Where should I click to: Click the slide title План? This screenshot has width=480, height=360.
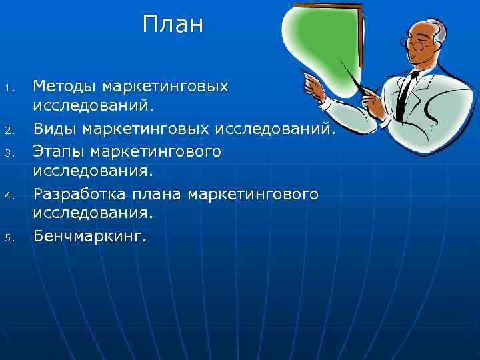coord(173,25)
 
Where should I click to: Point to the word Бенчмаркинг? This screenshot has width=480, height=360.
coord(89,237)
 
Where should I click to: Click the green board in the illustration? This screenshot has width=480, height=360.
coord(320,40)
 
